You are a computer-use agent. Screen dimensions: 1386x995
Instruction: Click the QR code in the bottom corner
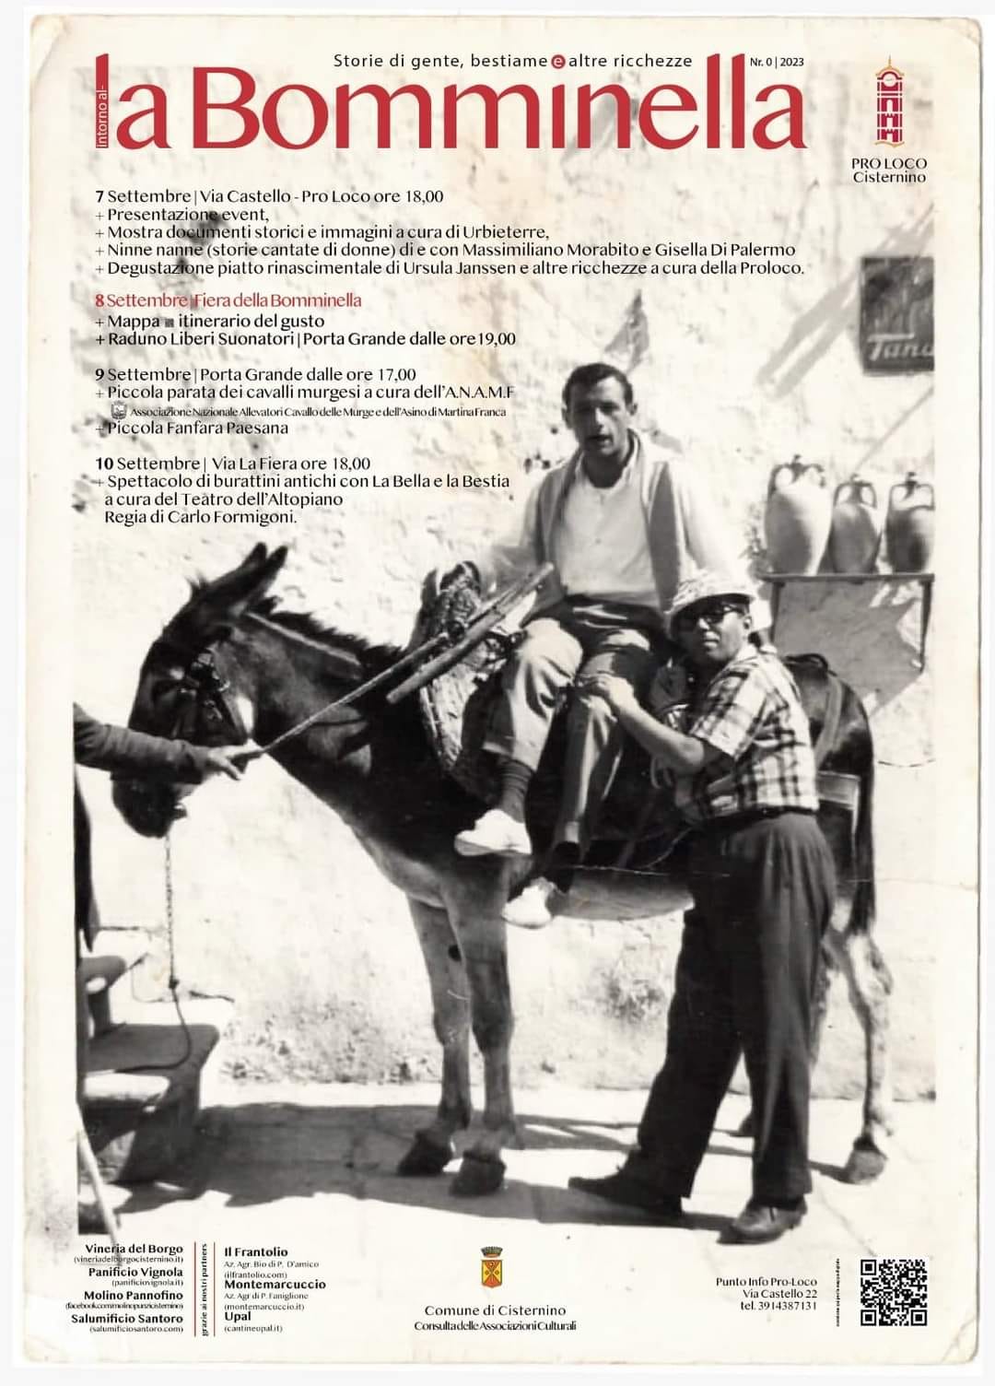pyautogui.click(x=892, y=1292)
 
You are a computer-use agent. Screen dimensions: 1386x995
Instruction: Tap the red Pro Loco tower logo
pyautogui.click(x=887, y=103)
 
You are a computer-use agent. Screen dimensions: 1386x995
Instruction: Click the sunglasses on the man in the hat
pyautogui.click(x=710, y=616)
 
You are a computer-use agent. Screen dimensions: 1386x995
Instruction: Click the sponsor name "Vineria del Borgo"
pyautogui.click(x=134, y=1250)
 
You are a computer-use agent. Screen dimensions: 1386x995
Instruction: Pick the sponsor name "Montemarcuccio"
pyautogui.click(x=275, y=1284)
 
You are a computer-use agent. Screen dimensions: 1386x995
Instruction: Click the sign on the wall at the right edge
pyautogui.click(x=896, y=313)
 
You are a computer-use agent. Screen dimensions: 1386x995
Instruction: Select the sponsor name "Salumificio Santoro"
pyautogui.click(x=127, y=1319)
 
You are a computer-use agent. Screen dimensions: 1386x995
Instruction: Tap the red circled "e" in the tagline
pyautogui.click(x=557, y=62)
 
